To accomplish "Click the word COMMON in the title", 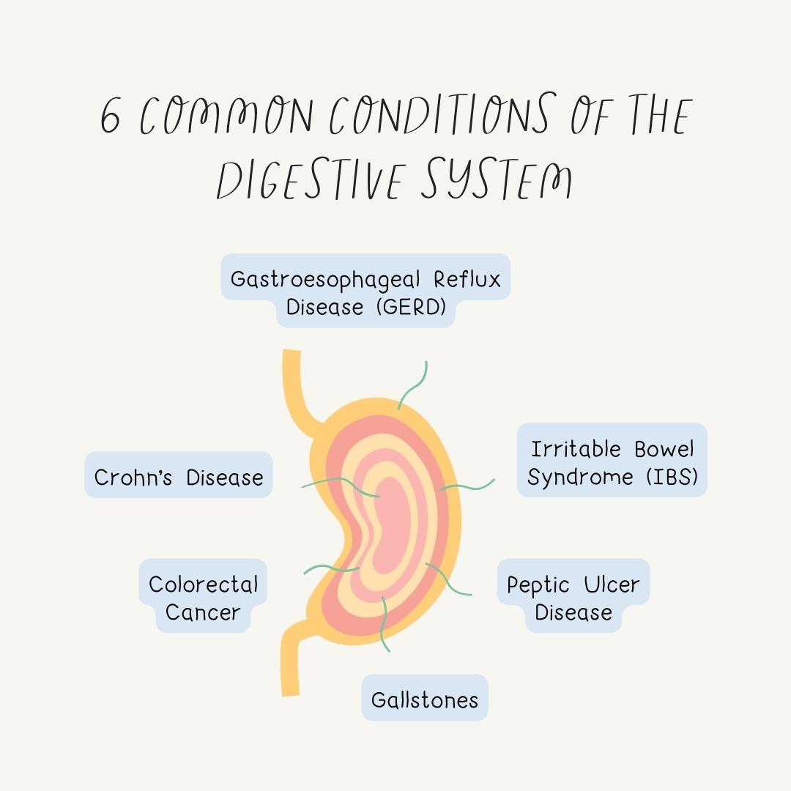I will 227,117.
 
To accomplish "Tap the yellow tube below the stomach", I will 291,659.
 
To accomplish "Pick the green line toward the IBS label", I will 469,486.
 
